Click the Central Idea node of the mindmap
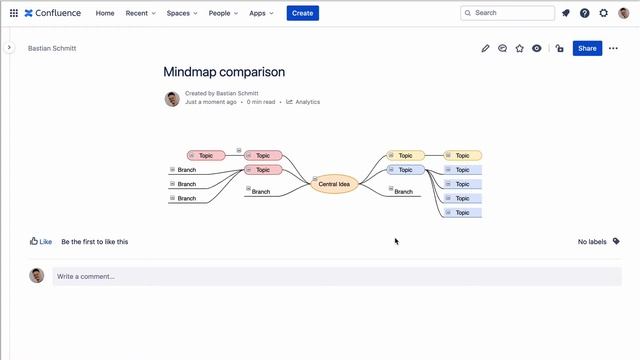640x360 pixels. [334, 184]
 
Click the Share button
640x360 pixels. [587, 48]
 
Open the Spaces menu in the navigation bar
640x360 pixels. [182, 13]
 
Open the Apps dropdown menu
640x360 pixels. [263, 13]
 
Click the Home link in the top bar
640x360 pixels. [105, 13]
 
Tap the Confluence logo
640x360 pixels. [55, 13]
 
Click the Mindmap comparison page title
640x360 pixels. [224, 72]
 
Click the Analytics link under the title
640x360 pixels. [304, 102]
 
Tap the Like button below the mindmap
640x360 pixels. [41, 241]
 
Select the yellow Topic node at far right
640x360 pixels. [463, 155]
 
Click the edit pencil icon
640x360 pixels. [486, 48]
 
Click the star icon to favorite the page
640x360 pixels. [520, 48]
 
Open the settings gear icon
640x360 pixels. [603, 13]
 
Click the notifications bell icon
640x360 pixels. [566, 13]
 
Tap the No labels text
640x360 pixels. [592, 241]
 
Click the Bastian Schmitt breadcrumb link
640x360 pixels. [51, 48]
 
